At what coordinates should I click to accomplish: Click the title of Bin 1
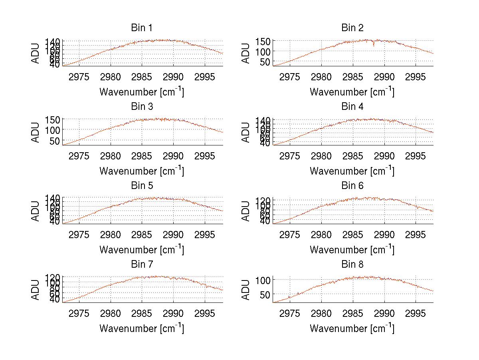(x=142, y=28)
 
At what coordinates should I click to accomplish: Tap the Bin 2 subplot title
(x=352, y=28)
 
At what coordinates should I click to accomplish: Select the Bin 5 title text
(x=142, y=186)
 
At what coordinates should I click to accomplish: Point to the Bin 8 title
(x=352, y=265)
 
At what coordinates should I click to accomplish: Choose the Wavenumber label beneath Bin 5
(x=142, y=249)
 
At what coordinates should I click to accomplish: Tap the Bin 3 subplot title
(x=142, y=107)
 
